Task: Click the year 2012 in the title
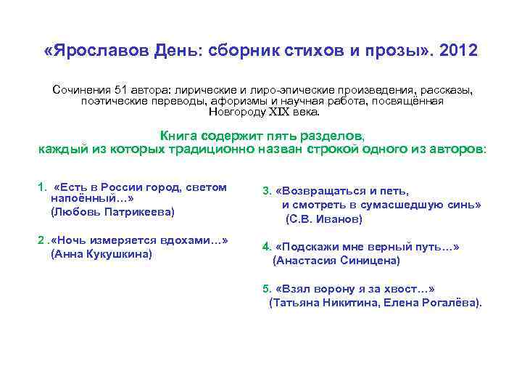[453, 52]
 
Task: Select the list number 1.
[41, 188]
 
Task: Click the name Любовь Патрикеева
[112, 212]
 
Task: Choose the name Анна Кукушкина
[101, 253]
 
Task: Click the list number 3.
[266, 192]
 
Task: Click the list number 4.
[266, 247]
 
